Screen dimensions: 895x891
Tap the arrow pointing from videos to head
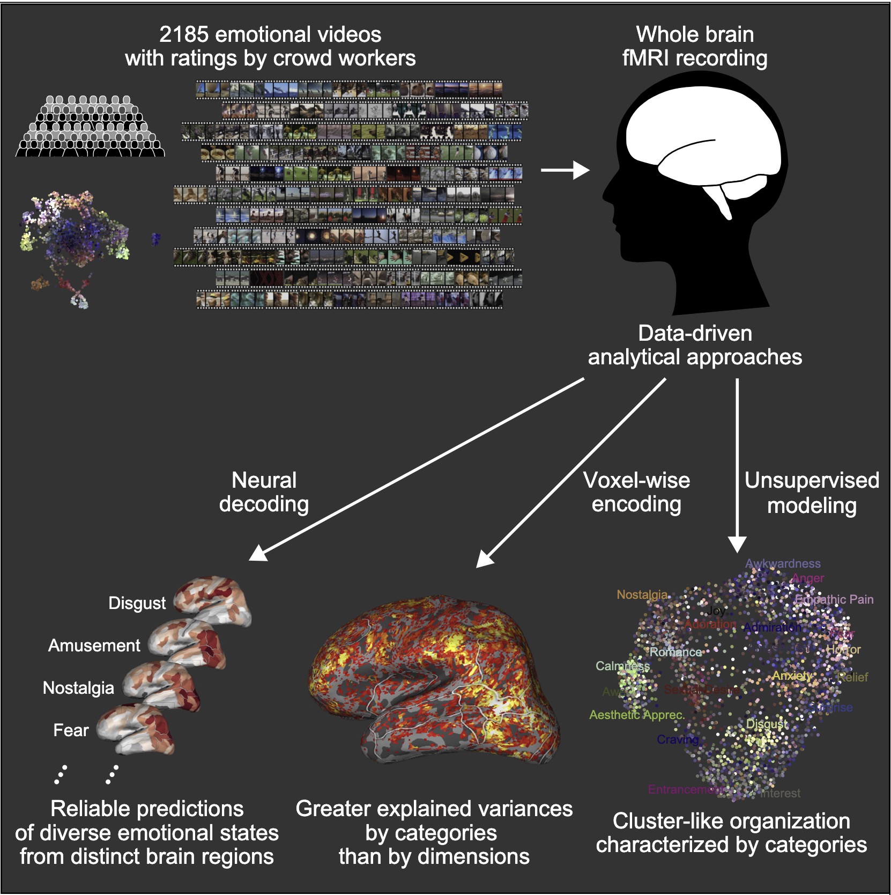[x=565, y=170]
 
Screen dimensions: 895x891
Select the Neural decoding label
[x=264, y=492]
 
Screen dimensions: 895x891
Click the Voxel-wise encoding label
[x=636, y=492]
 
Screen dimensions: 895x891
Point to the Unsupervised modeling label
[x=812, y=493]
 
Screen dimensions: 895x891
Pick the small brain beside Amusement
[x=188, y=642]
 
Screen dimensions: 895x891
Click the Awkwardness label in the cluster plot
[x=783, y=563]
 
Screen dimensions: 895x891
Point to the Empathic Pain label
[x=834, y=599]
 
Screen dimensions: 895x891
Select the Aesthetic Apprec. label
[x=636, y=715]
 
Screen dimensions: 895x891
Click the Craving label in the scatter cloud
[x=678, y=739]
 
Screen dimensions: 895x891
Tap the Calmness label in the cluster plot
[x=622, y=666]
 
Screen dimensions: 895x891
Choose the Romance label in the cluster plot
[x=675, y=652]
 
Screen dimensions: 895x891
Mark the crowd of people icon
[x=90, y=127]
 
